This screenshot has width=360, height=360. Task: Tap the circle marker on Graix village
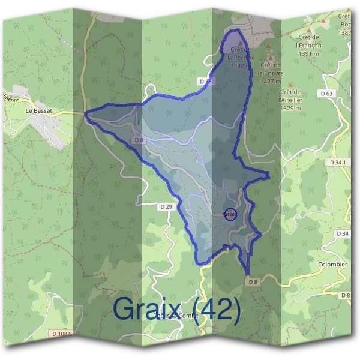(x=230, y=214)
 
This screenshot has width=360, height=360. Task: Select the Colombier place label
(x=332, y=264)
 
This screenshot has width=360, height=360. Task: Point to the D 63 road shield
(x=326, y=94)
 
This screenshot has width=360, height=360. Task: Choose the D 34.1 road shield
(x=339, y=163)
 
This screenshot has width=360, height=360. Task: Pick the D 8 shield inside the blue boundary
(x=139, y=140)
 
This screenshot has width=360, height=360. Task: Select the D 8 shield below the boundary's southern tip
(x=252, y=281)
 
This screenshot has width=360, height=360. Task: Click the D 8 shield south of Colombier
(x=345, y=295)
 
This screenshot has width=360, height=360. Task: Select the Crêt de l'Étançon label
(x=308, y=45)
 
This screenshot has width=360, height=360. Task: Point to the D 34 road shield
(x=343, y=233)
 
